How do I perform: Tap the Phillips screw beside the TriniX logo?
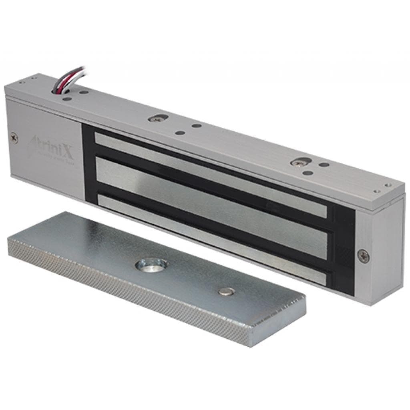tap(14, 137)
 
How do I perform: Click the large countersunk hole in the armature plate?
tap(151, 264)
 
